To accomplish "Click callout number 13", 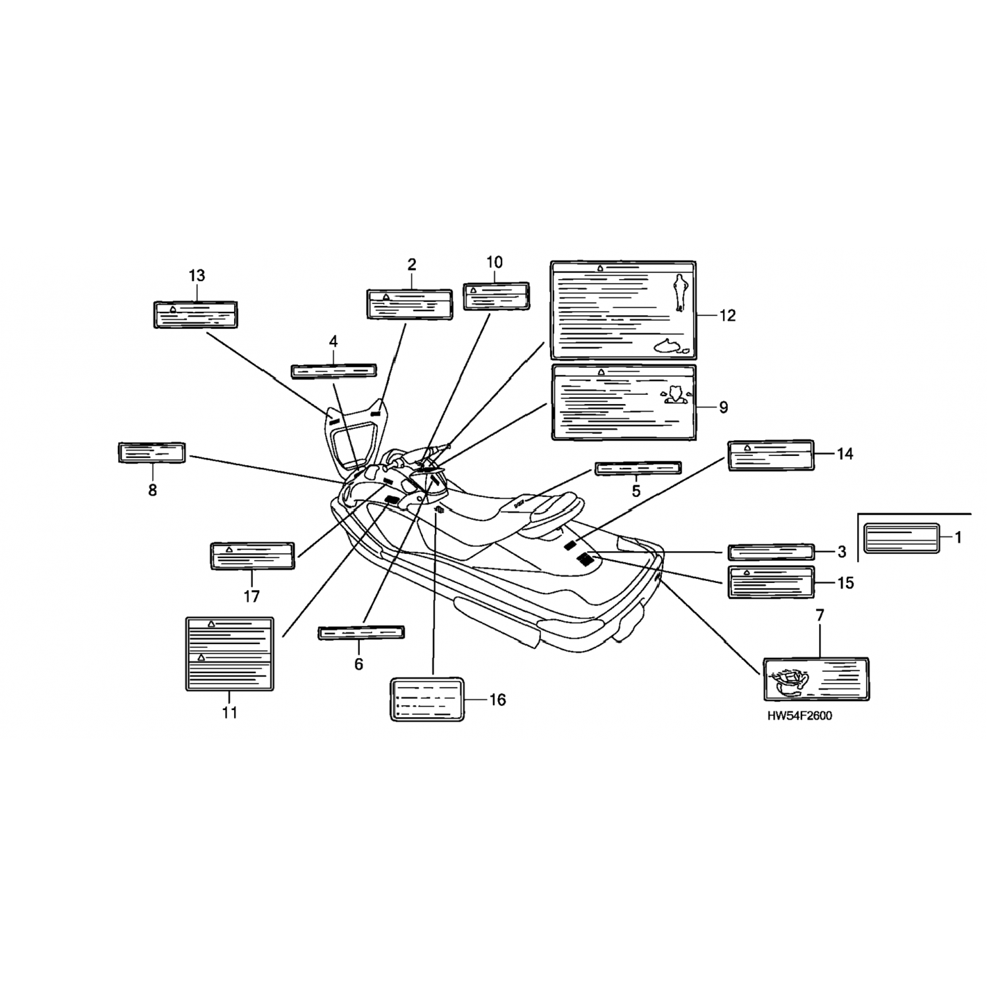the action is [x=197, y=276].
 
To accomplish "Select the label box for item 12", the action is [x=622, y=310].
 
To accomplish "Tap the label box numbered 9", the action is [x=623, y=401].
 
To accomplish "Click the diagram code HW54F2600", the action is [x=799, y=716].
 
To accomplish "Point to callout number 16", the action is [x=497, y=699].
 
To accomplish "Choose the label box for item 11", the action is [x=229, y=653].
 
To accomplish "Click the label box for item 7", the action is [x=816, y=678].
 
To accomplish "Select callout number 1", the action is [x=958, y=538].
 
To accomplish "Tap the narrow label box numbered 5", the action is [x=638, y=468].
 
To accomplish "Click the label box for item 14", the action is [x=771, y=455].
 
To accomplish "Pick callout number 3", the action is [x=842, y=552].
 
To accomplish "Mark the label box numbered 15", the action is [x=771, y=582].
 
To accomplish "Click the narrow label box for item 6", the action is [x=361, y=632].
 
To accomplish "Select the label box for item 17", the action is [x=252, y=556].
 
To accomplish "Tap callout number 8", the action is [x=153, y=490].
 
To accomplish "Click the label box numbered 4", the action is [x=334, y=370].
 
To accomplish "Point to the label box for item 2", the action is [x=409, y=303].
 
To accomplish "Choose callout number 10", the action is [x=494, y=262].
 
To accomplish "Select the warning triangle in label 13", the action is [x=172, y=309].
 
